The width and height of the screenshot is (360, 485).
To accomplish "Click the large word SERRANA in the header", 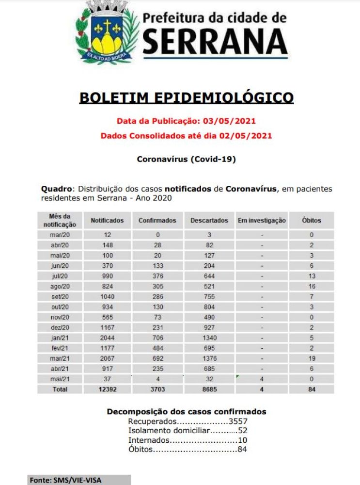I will click(215, 41).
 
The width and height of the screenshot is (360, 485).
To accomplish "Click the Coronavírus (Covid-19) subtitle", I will click(187, 159).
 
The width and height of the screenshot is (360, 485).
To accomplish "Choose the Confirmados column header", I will click(157, 220).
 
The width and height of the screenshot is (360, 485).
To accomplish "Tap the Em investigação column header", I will click(262, 220).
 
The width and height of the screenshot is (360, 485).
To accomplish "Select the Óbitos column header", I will click(312, 220).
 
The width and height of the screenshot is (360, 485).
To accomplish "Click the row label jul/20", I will click(60, 275).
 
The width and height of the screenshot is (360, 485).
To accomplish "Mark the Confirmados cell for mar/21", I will click(157, 358).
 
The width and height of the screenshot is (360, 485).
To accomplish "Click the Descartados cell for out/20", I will click(209, 307).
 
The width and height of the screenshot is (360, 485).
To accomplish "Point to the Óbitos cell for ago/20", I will click(312, 286).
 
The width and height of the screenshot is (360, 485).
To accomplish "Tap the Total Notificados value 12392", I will click(107, 389).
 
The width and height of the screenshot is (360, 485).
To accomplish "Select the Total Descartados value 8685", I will click(209, 389).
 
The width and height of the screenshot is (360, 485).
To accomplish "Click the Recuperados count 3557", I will click(237, 421).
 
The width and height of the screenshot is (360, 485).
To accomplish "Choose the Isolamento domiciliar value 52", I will click(242, 430).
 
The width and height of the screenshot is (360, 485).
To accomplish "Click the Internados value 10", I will click(242, 440).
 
